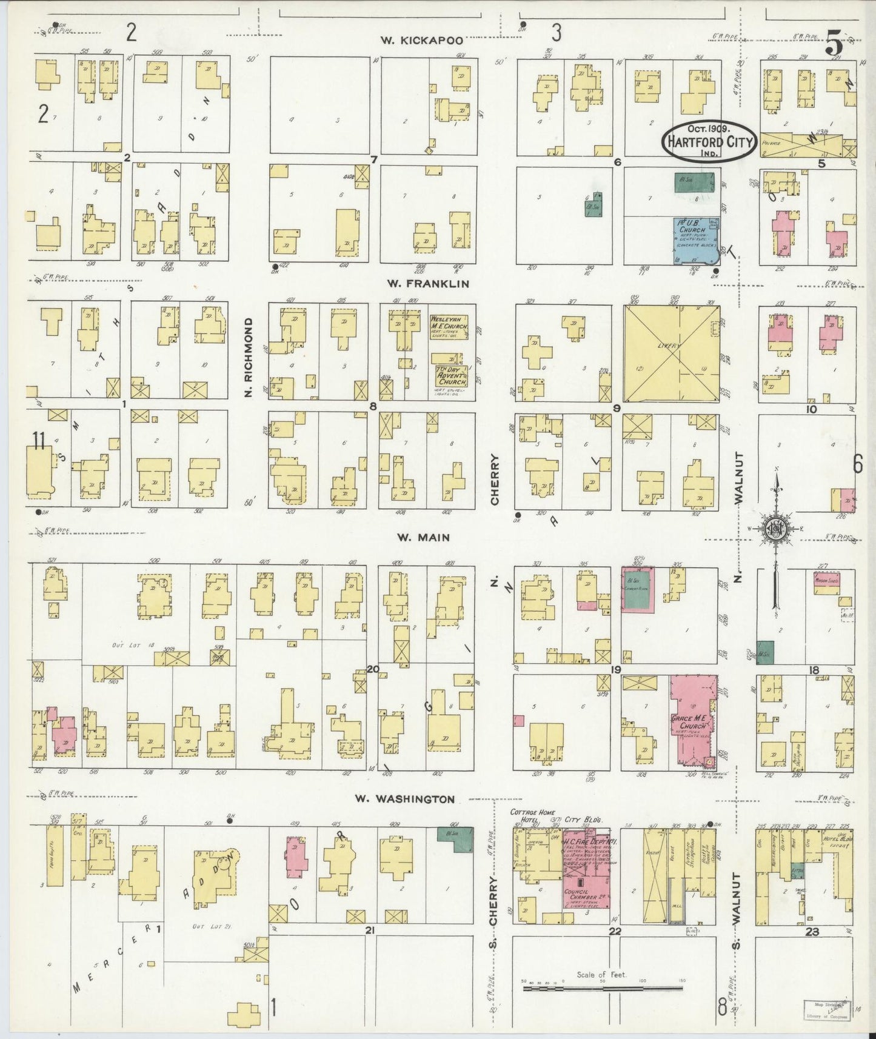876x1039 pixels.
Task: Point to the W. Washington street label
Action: [x=404, y=799]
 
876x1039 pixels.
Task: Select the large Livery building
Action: [x=670, y=353]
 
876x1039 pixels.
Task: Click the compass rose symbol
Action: [x=774, y=529]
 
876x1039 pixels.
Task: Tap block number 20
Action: [x=372, y=670]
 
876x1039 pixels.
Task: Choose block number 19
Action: [x=616, y=670]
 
